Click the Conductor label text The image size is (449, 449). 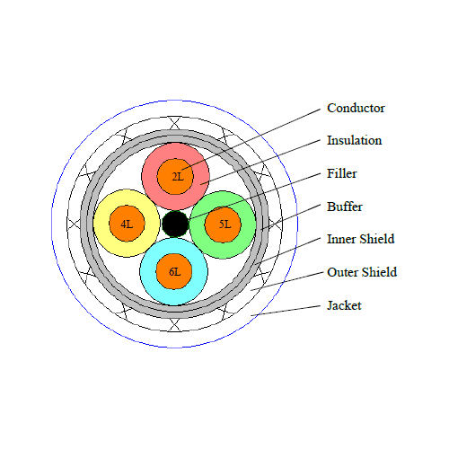tap(356, 108)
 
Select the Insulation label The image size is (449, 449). tap(354, 140)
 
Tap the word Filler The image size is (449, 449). tap(341, 173)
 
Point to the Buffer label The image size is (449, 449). tap(345, 207)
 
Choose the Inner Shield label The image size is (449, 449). tap(360, 239)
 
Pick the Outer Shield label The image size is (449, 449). tap(362, 272)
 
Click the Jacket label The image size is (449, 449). tap(344, 305)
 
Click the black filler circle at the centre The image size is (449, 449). tap(175, 224)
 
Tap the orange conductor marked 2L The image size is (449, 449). tap(175, 176)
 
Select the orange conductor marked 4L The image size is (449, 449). tap(127, 224)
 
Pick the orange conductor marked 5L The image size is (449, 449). tap(223, 224)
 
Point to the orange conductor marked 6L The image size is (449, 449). tap(174, 271)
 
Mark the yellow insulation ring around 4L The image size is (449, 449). tap(101, 224)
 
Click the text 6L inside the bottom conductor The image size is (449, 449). tap(175, 272)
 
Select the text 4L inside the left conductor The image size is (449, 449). tap(127, 224)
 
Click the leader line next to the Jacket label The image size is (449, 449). tap(286, 311)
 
